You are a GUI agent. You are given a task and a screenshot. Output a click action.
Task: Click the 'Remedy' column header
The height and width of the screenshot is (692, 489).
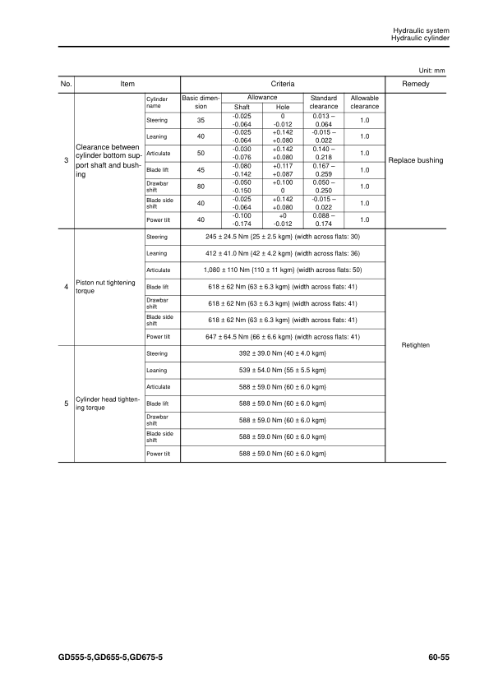(x=417, y=84)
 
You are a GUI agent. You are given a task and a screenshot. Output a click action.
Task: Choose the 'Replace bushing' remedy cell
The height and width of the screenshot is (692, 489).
(x=417, y=160)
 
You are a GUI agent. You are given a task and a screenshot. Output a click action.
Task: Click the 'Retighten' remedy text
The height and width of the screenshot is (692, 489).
(x=417, y=345)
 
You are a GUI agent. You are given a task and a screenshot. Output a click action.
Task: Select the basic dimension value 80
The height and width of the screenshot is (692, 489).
(x=201, y=186)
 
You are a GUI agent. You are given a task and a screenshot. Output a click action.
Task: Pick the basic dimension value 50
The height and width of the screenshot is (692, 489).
(x=201, y=153)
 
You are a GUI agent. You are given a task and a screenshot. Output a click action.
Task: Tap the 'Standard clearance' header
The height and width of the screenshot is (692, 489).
(x=324, y=102)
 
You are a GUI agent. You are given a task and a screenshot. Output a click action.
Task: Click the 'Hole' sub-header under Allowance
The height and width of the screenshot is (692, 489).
(x=282, y=107)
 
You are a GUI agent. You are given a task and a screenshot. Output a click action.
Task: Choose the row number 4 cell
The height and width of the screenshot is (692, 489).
(x=66, y=286)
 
